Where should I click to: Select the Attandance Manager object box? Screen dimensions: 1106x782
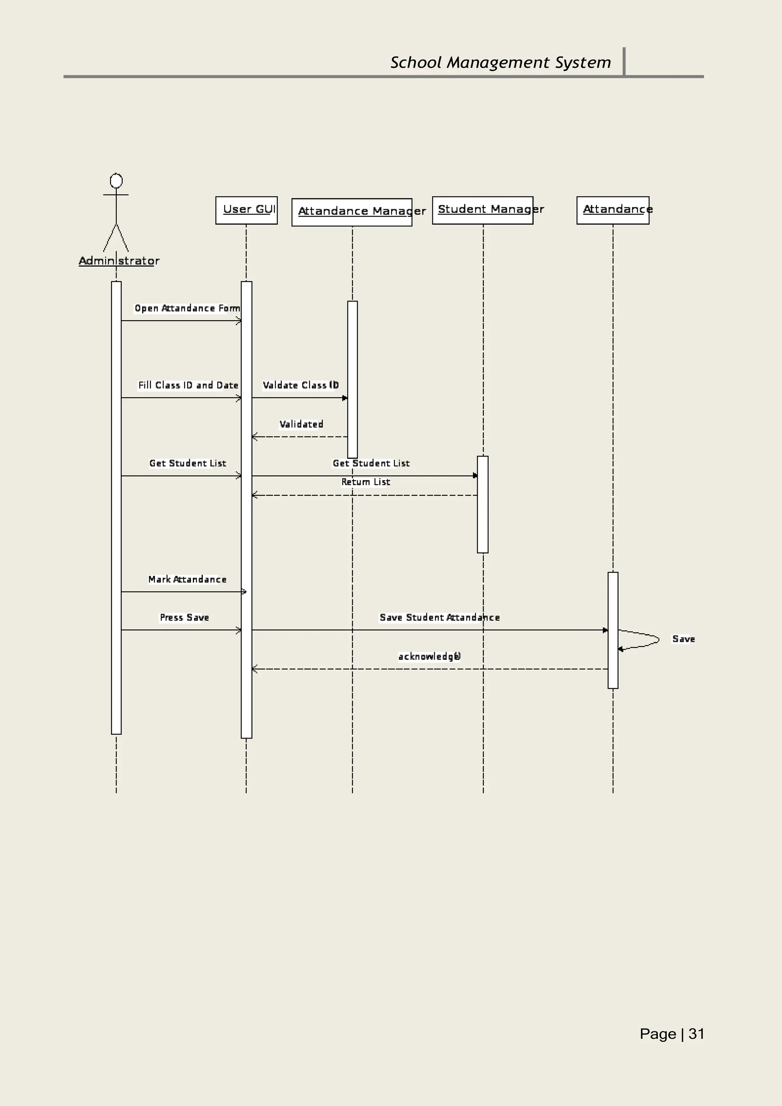352,212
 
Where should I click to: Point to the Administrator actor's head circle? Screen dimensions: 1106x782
116,181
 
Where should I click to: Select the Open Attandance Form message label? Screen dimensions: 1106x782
187,308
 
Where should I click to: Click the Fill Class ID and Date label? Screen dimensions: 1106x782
188,385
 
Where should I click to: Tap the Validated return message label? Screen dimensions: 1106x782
301,424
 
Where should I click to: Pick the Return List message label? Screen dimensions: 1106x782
366,482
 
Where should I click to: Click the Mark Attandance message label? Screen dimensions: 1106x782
187,579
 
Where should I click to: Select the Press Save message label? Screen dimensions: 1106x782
184,617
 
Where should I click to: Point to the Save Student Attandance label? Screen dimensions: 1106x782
439,617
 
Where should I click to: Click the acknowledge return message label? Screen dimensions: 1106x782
429,656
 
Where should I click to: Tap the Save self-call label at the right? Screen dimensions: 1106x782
683,639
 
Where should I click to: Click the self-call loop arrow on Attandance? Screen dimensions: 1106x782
646,640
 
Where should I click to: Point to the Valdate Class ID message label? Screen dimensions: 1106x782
300,385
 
